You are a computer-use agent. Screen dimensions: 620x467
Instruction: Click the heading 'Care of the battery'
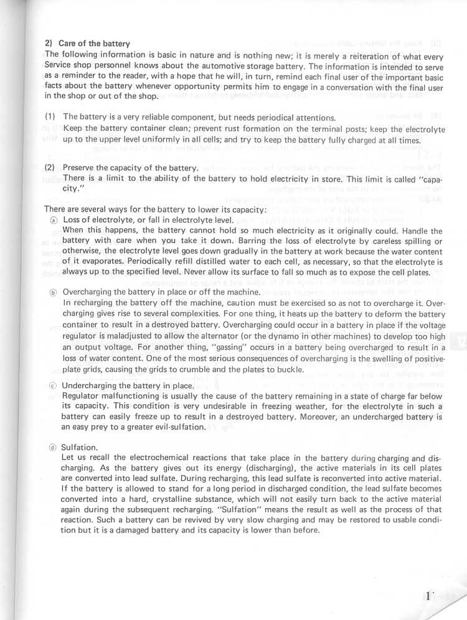coord(94,44)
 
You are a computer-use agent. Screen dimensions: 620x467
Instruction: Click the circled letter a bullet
coord(53,220)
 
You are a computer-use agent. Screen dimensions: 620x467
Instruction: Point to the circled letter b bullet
coord(53,292)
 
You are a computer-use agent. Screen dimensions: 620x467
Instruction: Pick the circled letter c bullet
coord(53,386)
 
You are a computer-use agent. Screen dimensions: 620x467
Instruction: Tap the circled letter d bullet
coord(53,446)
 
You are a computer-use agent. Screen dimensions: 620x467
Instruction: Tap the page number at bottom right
coord(429,595)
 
